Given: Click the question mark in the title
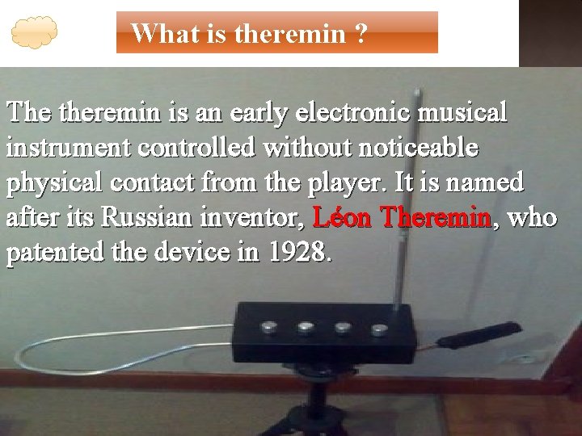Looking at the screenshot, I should coord(360,33).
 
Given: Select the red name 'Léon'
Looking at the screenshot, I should coord(344,218).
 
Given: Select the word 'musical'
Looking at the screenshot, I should coord(470,112).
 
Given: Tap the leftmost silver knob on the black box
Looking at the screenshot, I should coord(268,327).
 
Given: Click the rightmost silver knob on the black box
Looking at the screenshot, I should coord(380,329).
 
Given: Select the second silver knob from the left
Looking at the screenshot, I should coord(306,327).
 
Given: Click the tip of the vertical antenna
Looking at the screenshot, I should coord(415,91).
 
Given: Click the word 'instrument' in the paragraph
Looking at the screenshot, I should coord(70,148).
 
